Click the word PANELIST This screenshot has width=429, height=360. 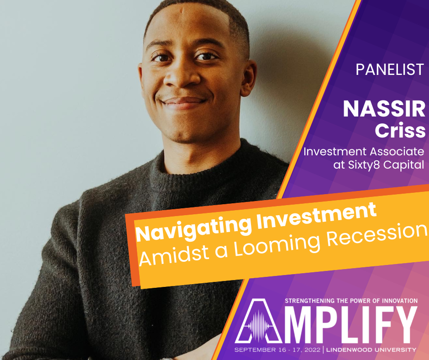(390, 69)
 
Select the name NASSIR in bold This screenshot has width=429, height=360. (384, 109)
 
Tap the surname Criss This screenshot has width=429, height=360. (400, 130)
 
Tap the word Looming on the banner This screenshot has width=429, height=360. (277, 246)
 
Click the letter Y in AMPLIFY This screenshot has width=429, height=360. (404, 324)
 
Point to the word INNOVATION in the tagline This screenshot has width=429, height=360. (400, 301)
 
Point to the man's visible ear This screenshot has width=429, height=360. (248, 78)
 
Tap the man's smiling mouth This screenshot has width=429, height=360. (183, 102)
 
